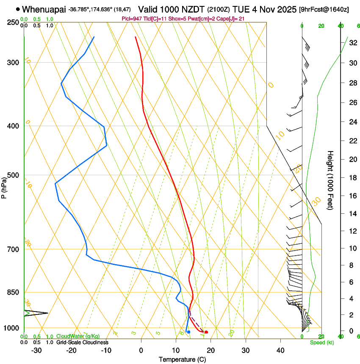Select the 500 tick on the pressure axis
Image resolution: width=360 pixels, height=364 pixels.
click(x=14, y=175)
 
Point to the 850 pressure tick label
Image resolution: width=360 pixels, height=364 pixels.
click(x=14, y=292)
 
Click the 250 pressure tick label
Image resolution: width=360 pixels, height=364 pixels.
click(x=14, y=22)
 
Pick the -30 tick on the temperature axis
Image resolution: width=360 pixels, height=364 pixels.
click(x=36, y=350)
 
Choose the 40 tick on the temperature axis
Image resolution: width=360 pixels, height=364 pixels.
click(x=280, y=350)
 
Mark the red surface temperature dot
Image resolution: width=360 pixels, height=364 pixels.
click(x=206, y=332)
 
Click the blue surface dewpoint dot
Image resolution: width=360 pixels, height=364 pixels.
click(x=188, y=332)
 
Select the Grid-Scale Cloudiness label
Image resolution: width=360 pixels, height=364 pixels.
click(x=82, y=342)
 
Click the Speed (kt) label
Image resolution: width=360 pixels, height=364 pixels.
click(x=321, y=342)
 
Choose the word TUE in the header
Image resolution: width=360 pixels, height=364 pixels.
click(x=253, y=9)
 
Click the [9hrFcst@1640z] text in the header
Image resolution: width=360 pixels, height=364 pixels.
click(x=324, y=9)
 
